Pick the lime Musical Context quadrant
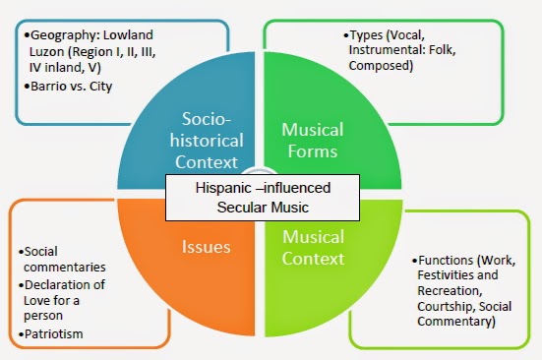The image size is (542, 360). click(x=314, y=246)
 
